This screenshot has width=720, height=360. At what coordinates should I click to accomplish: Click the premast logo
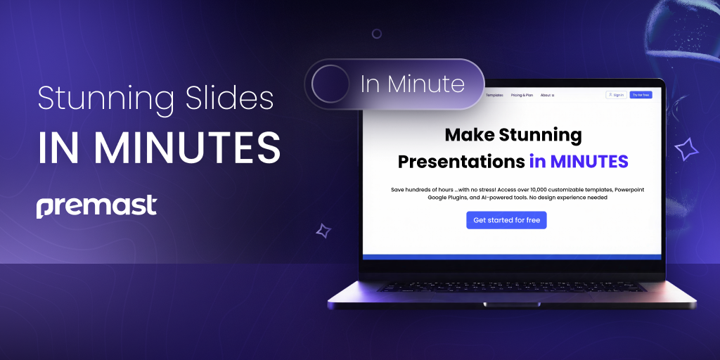coord(96,207)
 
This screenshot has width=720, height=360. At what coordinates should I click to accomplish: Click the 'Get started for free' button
coord(506,220)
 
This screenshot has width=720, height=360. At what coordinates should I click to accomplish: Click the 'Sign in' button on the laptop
coord(616,95)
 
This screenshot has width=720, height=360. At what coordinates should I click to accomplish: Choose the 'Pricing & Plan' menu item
coord(522,95)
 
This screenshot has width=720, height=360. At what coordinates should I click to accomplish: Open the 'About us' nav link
coord(547,95)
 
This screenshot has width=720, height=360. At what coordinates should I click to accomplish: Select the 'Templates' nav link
coord(495,95)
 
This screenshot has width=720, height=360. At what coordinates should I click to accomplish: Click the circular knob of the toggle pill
coord(330,84)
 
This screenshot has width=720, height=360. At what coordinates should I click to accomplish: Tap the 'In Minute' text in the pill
coord(413,84)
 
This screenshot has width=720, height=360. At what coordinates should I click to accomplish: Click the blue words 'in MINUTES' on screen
coord(579,161)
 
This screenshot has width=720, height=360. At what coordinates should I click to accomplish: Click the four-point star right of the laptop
coord(686,149)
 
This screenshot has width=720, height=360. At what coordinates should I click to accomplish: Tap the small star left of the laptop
coord(323,230)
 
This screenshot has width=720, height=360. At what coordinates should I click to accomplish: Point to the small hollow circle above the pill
coord(377,34)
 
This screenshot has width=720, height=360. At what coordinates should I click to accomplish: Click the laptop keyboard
coord(511,287)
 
